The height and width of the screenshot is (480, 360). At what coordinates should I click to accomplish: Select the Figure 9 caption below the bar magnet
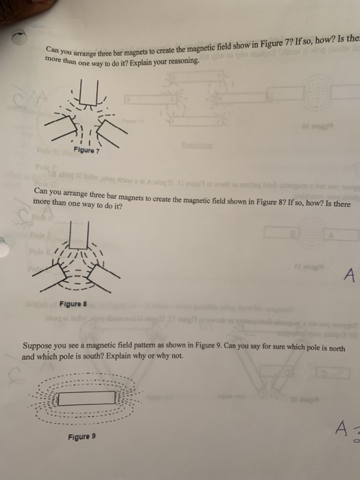[82, 436]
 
